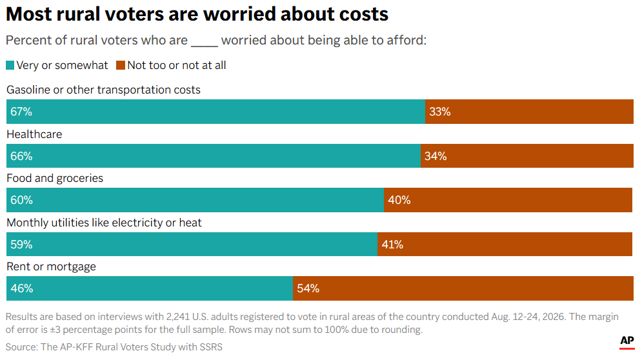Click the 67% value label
pyautogui.click(x=21, y=112)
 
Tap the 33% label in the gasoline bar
pyautogui.click(x=440, y=112)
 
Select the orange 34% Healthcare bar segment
pyautogui.click(x=527, y=155)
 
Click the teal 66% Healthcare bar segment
pyautogui.click(x=214, y=155)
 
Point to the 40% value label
pyautogui.click(x=399, y=200)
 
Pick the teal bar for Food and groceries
pyautogui.click(x=196, y=200)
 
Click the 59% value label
pyautogui.click(x=21, y=245)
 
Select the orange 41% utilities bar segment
pyautogui.click(x=505, y=244)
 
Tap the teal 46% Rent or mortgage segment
pyautogui.click(x=150, y=288)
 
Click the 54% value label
pyautogui.click(x=308, y=288)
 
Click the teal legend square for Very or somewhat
pyautogui.click(x=10, y=65)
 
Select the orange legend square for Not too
pyautogui.click(x=121, y=65)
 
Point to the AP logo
pyautogui.click(x=627, y=341)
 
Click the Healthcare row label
pyautogui.click(x=34, y=134)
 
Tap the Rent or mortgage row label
pyautogui.click(x=51, y=266)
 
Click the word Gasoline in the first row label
pyautogui.click(x=28, y=90)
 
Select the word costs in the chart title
pyautogui.click(x=363, y=14)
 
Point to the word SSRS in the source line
pyautogui.click(x=211, y=347)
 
